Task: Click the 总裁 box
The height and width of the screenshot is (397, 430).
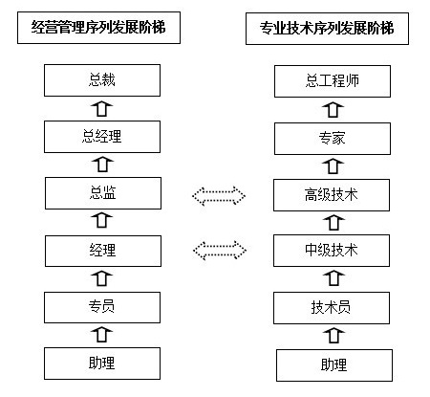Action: [x=102, y=80]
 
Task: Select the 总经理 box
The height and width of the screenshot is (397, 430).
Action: [x=102, y=137]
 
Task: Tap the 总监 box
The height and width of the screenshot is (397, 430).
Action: [x=103, y=193]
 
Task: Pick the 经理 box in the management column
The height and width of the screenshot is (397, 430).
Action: [x=103, y=251]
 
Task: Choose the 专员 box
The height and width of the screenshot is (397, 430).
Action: [x=102, y=307]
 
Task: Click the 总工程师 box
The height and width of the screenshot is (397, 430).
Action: [x=333, y=81]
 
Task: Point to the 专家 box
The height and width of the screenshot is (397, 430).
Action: [x=333, y=139]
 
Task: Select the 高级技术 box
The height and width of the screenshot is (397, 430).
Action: [x=332, y=195]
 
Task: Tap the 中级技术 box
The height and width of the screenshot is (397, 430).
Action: [x=332, y=251]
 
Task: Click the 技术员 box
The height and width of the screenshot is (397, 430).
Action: [x=332, y=308]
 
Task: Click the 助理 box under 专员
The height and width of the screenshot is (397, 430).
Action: [x=102, y=364]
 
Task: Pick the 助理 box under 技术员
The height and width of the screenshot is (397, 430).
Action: [x=334, y=365]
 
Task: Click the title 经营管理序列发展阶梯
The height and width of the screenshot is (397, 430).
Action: [x=98, y=28]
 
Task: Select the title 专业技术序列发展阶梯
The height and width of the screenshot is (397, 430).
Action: [x=327, y=29]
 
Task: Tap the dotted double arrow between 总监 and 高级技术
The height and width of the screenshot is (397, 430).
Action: [x=219, y=196]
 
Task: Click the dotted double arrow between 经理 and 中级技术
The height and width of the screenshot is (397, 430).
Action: [x=220, y=251]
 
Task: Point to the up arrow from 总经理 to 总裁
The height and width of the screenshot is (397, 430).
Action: [x=102, y=109]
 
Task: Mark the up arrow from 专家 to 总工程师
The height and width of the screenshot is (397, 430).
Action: [x=333, y=110]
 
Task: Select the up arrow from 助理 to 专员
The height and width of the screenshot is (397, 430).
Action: [x=102, y=335]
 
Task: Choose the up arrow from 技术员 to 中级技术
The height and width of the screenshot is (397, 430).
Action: [x=333, y=278]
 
